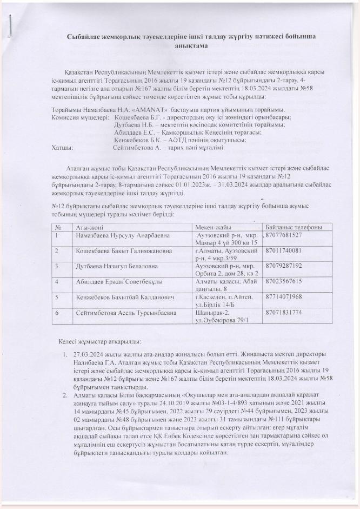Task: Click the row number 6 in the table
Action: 56,313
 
